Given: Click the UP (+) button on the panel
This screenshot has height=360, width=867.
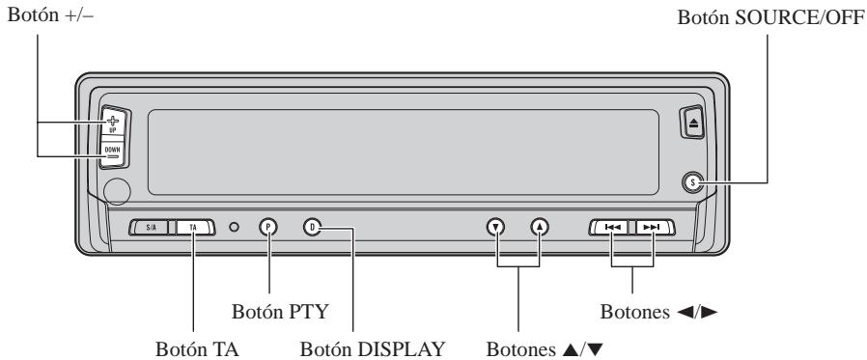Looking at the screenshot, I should coord(114,124).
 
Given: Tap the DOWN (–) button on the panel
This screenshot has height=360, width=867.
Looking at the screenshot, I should coord(114,153).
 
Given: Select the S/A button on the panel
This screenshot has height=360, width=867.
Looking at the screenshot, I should coord(152,228).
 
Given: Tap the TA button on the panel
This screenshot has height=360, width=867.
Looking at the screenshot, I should coord(193,228).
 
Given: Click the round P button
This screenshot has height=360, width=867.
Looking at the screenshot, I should coord(268,228).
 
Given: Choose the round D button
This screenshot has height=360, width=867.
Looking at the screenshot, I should coord(312,228).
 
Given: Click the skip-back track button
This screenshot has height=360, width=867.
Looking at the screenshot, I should coord(612,228).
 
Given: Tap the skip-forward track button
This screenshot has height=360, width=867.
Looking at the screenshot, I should coord(653,228).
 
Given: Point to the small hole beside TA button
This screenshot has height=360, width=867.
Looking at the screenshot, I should coord(234,228).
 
